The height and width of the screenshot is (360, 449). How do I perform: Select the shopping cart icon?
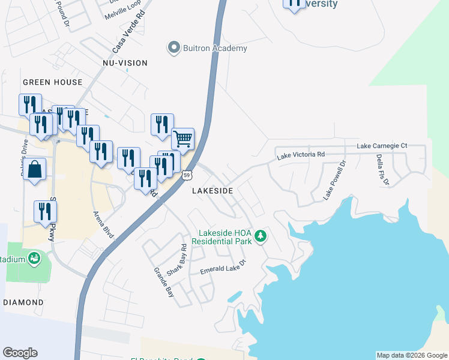pos(183,139)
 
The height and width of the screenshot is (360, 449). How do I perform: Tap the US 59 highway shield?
pos(187,175)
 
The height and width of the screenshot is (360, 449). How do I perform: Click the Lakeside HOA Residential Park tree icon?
pos(261,236)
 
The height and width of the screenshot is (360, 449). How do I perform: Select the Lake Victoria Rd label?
pos(300,155)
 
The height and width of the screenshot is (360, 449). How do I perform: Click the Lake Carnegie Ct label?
pos(382,146)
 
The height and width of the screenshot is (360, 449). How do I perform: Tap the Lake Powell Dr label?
pos(334,180)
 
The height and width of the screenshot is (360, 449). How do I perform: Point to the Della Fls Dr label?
pos(382,170)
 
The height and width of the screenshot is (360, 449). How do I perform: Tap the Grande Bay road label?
pos(163,283)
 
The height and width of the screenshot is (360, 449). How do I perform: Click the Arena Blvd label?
pos(103,223)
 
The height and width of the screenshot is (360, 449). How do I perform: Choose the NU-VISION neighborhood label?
pos(125,63)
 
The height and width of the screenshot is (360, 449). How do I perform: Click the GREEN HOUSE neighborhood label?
pos(52,82)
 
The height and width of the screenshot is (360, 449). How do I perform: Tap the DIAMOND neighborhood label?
pos(23,302)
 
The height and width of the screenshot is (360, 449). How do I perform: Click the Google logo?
pos(20,353)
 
